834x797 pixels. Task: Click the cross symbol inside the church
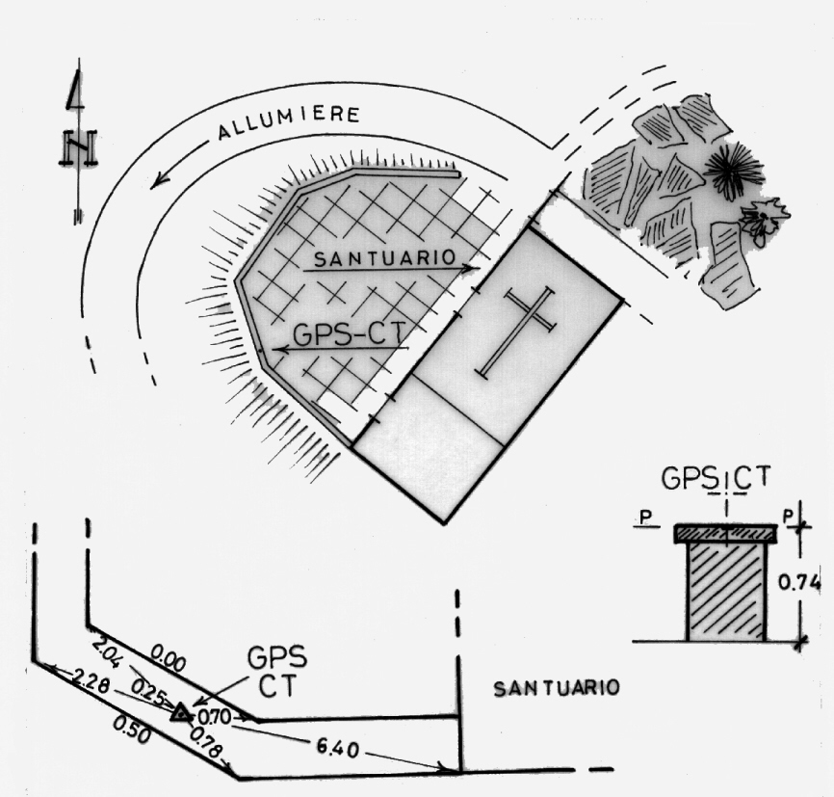tap(517, 331)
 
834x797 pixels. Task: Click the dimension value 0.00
tap(169, 663)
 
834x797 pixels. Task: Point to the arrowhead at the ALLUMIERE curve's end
tap(157, 181)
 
